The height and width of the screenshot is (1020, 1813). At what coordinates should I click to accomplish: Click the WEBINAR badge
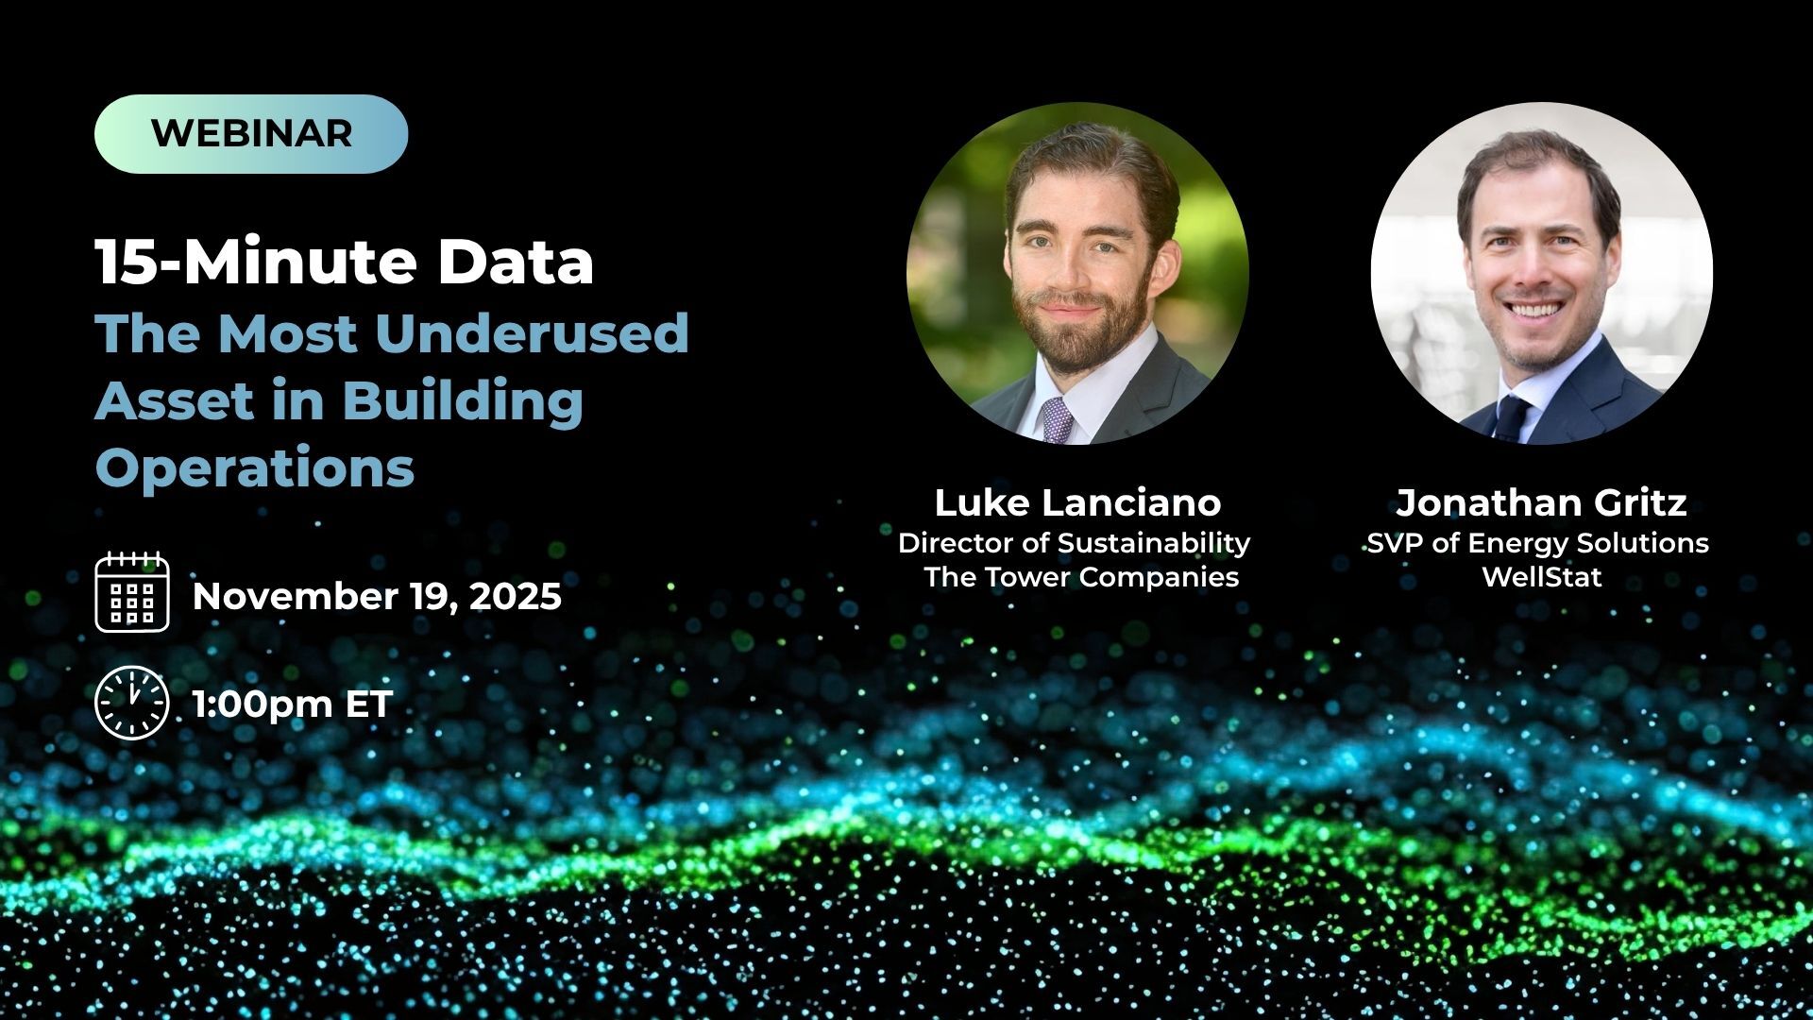pos(251,133)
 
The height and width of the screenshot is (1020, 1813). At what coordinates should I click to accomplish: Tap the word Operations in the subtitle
pos(255,467)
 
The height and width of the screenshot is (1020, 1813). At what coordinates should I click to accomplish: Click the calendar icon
pos(132,592)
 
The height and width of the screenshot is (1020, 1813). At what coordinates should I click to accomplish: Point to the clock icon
pos(132,703)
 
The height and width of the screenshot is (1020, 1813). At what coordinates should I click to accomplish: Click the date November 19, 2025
pos(377,596)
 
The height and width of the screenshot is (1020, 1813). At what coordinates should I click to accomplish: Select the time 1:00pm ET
pos(292,705)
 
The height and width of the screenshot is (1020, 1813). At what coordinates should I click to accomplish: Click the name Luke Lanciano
pos(1077,502)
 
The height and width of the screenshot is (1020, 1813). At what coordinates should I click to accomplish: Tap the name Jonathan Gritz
pos(1541,502)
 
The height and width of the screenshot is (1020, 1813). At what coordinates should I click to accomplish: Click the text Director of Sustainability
pos(1074,543)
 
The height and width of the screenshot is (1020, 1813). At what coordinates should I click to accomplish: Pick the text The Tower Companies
pos(1081,576)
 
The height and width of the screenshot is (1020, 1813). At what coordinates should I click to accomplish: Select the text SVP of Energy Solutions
pos(1538,543)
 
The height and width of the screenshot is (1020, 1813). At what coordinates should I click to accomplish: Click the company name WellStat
pos(1542,576)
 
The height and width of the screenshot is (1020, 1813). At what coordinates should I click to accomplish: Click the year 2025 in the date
pos(517,596)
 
